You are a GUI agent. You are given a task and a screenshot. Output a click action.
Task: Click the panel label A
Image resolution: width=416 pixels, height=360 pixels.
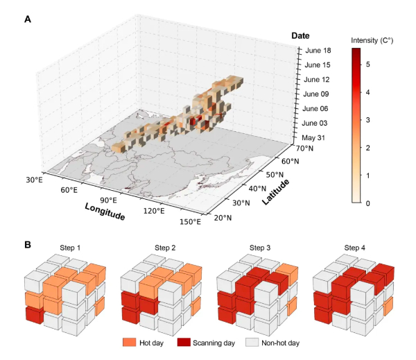pos(27,19)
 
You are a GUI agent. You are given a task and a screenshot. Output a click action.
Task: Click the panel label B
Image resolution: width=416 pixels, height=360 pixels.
pos(27,244)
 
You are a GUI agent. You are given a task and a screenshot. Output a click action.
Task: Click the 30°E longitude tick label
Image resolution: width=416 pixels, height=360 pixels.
pos(35,181)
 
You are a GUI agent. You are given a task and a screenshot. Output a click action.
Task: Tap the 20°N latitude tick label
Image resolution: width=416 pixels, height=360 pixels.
pos(221,218)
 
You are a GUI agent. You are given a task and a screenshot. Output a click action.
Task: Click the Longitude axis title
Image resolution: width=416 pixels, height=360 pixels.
pos(105,211)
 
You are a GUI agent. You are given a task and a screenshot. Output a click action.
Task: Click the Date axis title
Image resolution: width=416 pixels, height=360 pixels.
pos(300,35)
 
